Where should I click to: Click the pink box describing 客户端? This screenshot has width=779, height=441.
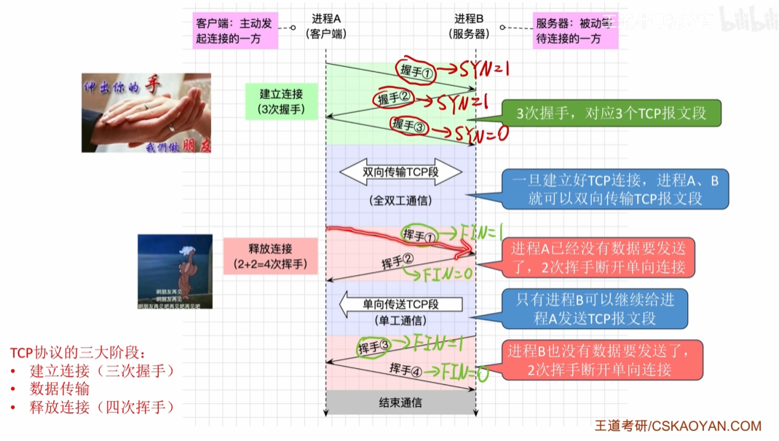[x=235, y=31]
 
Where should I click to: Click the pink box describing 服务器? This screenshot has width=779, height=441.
[x=575, y=31]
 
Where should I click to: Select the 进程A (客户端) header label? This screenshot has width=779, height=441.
[x=326, y=25]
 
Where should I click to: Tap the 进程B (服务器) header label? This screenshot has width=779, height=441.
[x=470, y=25]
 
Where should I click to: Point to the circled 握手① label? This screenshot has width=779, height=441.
[x=416, y=70]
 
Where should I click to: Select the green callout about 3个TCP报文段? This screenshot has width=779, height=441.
[x=611, y=114]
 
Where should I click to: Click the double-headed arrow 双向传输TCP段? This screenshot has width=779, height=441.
[x=400, y=172]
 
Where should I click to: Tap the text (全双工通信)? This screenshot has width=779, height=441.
[x=400, y=200]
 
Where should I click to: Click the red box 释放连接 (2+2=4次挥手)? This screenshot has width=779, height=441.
[x=270, y=256]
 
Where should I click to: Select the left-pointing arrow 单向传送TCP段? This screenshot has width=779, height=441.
[x=401, y=303]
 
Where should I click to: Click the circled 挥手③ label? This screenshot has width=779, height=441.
[x=374, y=347]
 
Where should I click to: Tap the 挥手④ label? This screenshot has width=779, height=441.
[x=406, y=369]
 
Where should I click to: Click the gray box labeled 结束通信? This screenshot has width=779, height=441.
[x=400, y=402]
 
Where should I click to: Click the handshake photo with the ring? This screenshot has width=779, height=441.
[x=146, y=113]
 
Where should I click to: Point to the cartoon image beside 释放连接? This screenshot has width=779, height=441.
[x=175, y=271]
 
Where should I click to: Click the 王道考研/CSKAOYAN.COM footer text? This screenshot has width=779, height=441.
[x=678, y=426]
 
